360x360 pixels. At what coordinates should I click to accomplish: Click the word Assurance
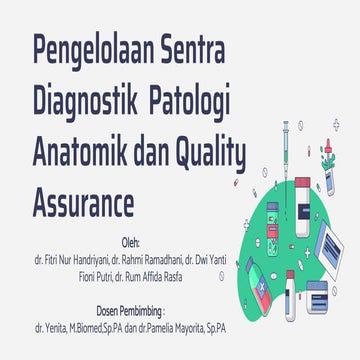[84, 204]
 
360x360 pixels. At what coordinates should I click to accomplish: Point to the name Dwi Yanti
[219, 260]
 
